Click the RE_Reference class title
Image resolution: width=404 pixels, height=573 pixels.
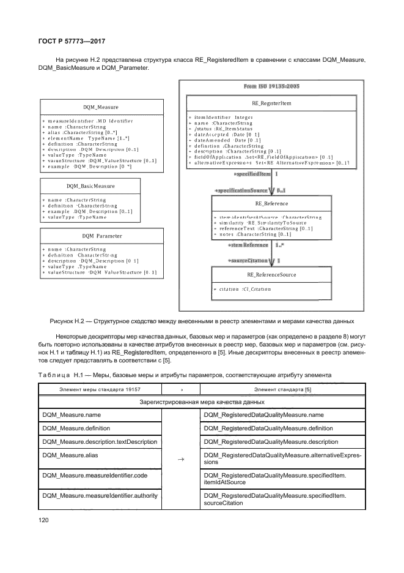(x=271, y=204)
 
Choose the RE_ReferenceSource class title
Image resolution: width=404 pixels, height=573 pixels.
(x=271, y=275)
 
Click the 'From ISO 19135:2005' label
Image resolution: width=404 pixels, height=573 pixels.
(x=271, y=87)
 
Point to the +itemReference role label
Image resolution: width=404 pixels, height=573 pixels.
(x=248, y=245)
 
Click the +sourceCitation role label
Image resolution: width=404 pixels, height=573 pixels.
(x=248, y=261)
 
